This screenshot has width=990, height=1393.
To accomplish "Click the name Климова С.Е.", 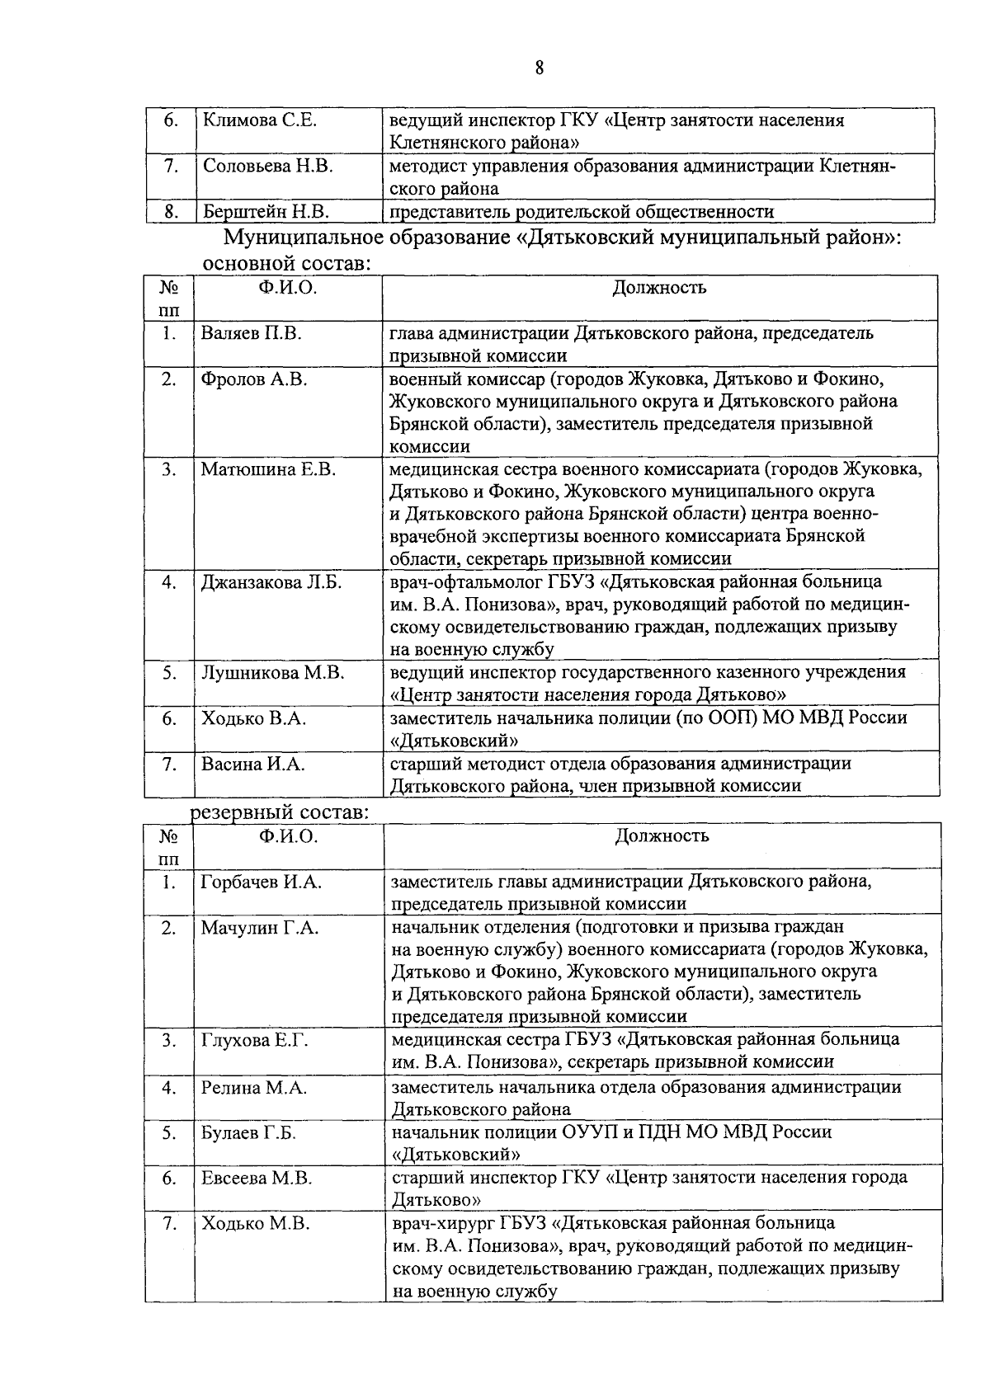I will pyautogui.click(x=260, y=120).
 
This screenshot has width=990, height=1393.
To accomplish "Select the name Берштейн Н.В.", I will pyautogui.click(x=266, y=212).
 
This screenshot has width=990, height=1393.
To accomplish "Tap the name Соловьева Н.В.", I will pyautogui.click(x=267, y=167).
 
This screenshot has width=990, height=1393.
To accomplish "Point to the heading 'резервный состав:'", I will pyautogui.click(x=280, y=812).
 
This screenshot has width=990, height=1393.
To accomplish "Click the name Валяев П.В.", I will pyautogui.click(x=251, y=334).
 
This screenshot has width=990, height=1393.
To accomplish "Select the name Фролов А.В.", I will pyautogui.click(x=254, y=379).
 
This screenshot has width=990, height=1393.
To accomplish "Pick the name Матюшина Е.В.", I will pyautogui.click(x=269, y=469).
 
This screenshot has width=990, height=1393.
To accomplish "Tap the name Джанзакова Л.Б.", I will pyautogui.click(x=271, y=582).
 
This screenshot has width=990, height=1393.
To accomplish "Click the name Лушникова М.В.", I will pyautogui.click(x=272, y=673).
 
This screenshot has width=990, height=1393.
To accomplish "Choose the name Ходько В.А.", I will pyautogui.click(x=253, y=718).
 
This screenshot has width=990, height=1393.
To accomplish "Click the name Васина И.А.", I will pyautogui.click(x=252, y=765).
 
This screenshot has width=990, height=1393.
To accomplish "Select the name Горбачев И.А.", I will pyautogui.click(x=262, y=882).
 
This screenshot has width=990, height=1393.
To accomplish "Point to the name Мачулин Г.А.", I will pyautogui.click(x=259, y=928).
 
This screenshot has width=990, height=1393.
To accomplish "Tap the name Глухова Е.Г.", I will pyautogui.click(x=254, y=1041).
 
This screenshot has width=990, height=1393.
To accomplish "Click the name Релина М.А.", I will pyautogui.click(x=253, y=1088).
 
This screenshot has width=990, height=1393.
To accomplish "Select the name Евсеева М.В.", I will pyautogui.click(x=257, y=1179).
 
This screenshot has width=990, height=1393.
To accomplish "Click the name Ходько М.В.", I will pyautogui.click(x=255, y=1224).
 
